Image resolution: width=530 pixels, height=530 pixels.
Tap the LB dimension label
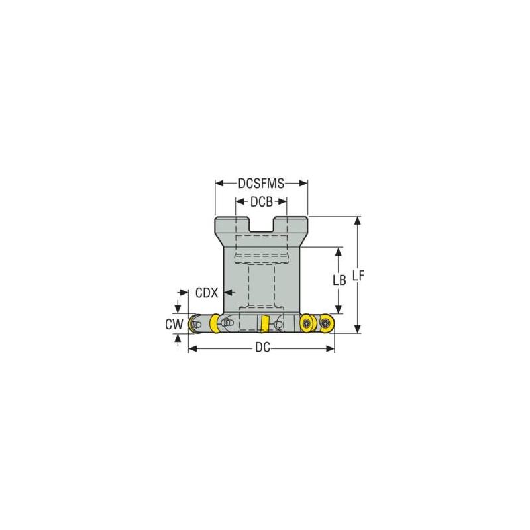pyautogui.click(x=339, y=280)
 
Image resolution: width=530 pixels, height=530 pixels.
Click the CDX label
pyautogui.click(x=207, y=291)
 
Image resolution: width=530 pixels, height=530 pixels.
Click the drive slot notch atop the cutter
pyautogui.click(x=262, y=225)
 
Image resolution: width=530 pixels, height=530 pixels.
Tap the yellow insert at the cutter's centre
pyautogui.click(x=264, y=324)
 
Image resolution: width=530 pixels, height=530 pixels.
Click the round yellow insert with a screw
pyautogui.click(x=306, y=323)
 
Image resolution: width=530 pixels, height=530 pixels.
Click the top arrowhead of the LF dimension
pyautogui.click(x=358, y=221)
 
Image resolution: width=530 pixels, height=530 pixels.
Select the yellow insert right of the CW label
pyautogui.click(x=215, y=324)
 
